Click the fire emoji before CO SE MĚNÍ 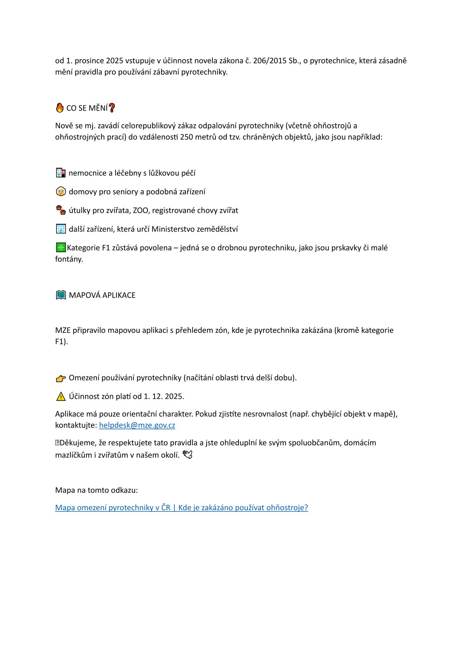point(60,108)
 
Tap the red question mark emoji point(112,108)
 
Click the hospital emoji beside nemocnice point(61,173)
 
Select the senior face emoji point(61,191)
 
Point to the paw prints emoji point(61,210)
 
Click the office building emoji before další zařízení point(61,229)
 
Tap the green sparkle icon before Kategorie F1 point(61,248)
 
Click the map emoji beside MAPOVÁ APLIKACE point(61,295)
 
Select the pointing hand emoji point(61,378)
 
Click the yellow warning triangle point(61,397)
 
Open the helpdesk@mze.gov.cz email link point(137,425)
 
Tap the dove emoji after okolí point(188,455)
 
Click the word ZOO point(140,211)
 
